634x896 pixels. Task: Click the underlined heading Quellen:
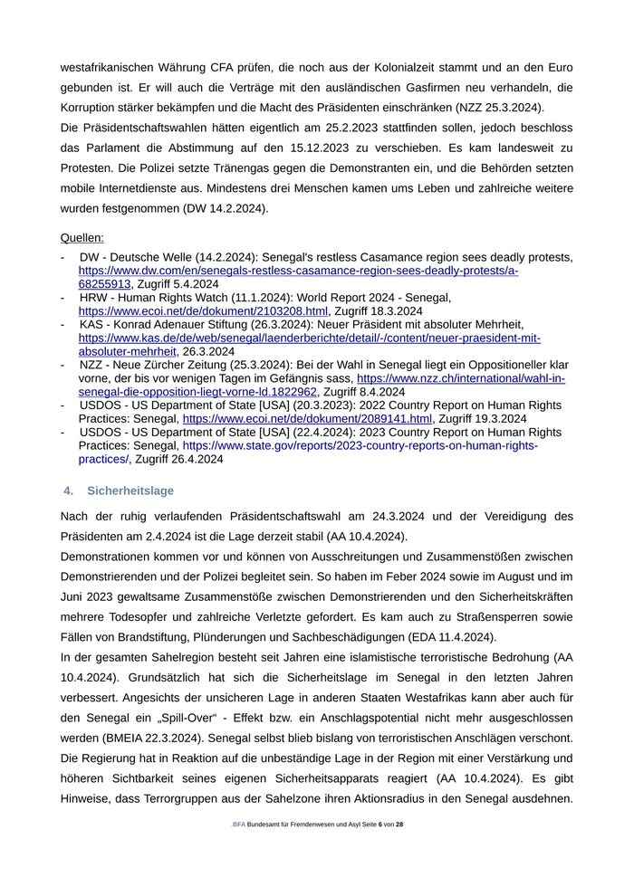[82, 238]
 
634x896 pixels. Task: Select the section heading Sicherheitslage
[130, 491]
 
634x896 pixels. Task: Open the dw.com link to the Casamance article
[298, 271]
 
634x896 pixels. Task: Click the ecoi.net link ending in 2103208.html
[203, 310]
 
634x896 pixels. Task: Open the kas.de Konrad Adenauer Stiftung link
[309, 338]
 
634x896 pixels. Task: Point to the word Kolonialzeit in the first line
[394, 68]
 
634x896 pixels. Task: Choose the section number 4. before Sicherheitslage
[68, 491]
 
